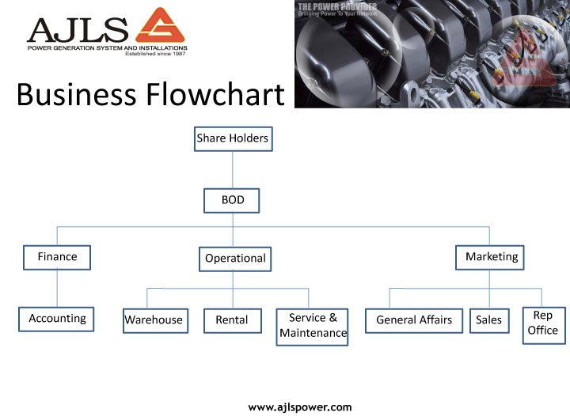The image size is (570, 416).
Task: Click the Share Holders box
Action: (x=233, y=138)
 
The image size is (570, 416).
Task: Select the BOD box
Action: (x=232, y=201)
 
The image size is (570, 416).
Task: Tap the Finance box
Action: (x=57, y=257)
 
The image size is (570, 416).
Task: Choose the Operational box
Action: (x=235, y=259)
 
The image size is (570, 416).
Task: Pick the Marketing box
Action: (x=491, y=257)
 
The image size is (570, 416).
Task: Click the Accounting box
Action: (x=57, y=319)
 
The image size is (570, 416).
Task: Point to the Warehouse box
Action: (x=154, y=320)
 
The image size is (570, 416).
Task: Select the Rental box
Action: (x=231, y=320)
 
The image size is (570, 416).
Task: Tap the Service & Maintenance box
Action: (x=313, y=326)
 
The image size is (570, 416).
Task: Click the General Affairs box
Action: (x=414, y=320)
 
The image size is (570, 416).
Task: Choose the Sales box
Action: (x=489, y=320)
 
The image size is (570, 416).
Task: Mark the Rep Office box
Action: (x=543, y=323)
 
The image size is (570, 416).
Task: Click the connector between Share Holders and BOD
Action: (x=233, y=170)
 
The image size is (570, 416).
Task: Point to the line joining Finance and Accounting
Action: (x=57, y=288)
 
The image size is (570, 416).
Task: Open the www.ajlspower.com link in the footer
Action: (x=300, y=407)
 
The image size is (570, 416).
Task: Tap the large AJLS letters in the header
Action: (x=77, y=29)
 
